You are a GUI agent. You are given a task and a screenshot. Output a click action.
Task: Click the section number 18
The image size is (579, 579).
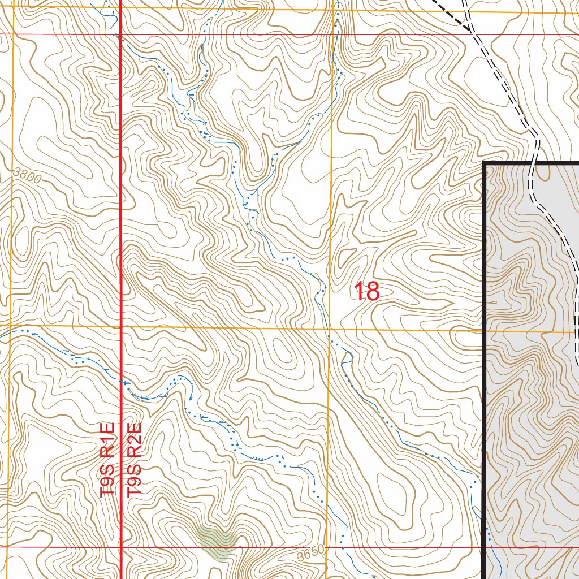[366, 292]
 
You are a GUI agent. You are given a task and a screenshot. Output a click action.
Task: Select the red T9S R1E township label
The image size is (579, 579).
[107, 459]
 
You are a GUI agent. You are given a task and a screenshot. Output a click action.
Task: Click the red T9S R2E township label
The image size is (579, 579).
[133, 459]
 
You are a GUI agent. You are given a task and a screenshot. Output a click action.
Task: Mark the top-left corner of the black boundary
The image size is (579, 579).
[485, 163]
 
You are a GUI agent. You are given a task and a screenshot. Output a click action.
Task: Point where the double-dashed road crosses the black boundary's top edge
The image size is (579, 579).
[532, 163]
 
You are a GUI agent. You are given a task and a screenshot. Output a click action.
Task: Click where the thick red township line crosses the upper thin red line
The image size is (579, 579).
[121, 34]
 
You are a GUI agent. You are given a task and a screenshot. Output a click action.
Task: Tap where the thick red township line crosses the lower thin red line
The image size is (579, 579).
[121, 547]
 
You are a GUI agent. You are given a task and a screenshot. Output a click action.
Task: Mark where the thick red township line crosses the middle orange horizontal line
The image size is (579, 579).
[121, 327]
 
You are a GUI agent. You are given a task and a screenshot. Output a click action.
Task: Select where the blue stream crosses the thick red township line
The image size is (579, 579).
[121, 381]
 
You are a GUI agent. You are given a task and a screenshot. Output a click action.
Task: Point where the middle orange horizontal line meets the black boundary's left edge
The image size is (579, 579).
[485, 330]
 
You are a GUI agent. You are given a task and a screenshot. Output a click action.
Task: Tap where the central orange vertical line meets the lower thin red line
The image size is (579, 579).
[327, 547]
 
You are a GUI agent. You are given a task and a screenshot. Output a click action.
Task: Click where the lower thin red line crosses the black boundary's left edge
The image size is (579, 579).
[485, 547]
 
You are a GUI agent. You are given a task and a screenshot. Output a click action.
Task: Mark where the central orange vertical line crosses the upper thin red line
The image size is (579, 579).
[332, 34]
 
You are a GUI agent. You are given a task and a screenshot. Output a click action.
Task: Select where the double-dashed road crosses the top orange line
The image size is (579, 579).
[465, 11]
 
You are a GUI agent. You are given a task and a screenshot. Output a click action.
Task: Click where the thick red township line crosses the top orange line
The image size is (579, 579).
[121, 8]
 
